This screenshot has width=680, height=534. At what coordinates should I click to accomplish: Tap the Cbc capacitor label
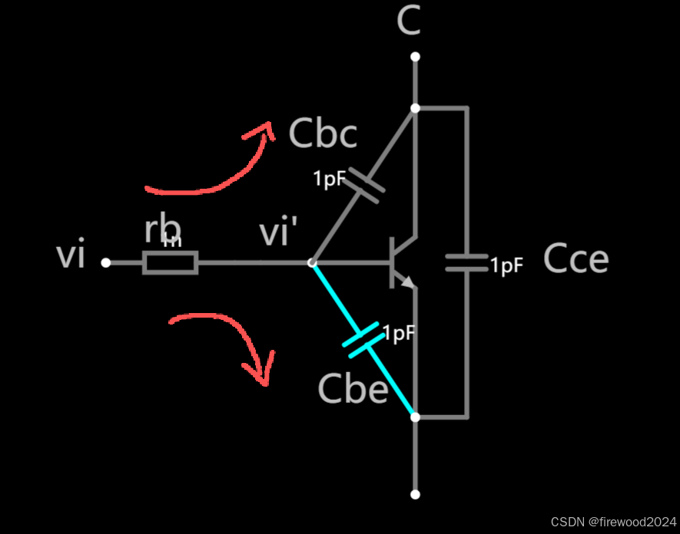coord(323,133)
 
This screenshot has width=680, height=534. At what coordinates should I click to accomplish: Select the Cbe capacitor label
coord(353,390)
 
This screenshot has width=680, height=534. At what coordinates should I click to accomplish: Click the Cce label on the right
coord(576,259)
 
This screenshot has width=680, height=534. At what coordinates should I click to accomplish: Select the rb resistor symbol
coord(170,263)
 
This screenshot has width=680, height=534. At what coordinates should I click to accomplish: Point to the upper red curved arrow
coord(211,164)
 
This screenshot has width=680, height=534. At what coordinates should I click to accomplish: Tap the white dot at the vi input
coord(106,263)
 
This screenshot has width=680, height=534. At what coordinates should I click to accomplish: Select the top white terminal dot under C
coord(415,57)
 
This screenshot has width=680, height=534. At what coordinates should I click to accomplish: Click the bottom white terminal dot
coord(415,495)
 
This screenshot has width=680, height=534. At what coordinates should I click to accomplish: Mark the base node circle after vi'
coord(311,263)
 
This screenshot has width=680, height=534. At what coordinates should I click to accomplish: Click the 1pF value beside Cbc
coord(330,180)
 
